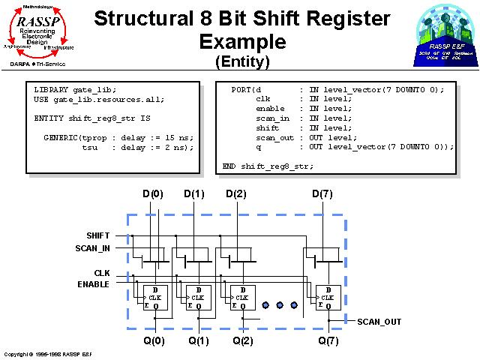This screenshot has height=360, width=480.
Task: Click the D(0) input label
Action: click(153, 194)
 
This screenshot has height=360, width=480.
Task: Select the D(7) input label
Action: click(322, 194)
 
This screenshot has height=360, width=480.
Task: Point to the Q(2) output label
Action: click(242, 340)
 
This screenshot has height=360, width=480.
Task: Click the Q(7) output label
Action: click(328, 340)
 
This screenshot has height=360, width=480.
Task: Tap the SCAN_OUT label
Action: click(379, 322)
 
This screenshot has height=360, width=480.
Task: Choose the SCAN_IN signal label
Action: click(92, 248)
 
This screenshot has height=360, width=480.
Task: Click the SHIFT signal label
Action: click(97, 235)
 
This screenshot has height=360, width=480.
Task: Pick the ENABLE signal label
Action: click(93, 284)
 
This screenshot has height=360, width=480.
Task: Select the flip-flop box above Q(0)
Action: click(155, 298)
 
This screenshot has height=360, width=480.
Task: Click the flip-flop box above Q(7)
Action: click(328, 298)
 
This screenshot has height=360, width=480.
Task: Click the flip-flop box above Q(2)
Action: click(241, 298)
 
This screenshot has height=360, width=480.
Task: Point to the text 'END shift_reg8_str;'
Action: click(268, 166)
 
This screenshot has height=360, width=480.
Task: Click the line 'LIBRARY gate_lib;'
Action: click(76, 89)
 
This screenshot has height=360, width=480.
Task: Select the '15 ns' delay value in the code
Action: click(178, 137)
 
